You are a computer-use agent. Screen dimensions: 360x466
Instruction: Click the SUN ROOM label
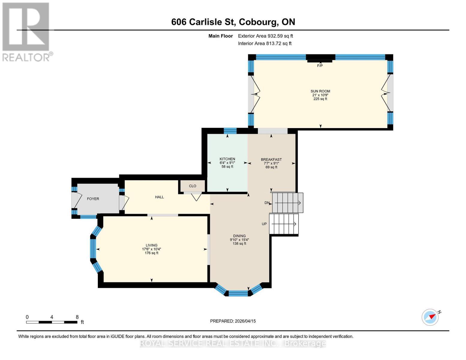coord(320,91)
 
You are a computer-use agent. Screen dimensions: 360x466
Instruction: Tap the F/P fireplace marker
coord(320,66)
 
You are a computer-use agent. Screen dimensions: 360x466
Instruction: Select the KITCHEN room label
coord(227,159)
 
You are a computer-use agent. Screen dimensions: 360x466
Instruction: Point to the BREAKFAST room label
coord(271,160)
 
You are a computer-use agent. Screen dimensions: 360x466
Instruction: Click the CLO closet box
coord(193,186)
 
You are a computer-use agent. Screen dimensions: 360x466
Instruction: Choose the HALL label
coord(159,197)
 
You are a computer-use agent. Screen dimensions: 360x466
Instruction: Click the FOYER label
coord(93,199)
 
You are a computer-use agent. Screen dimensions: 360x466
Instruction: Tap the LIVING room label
coord(152,245)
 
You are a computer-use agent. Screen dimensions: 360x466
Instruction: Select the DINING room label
coord(239,236)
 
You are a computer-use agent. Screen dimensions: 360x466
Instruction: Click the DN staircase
coord(287,203)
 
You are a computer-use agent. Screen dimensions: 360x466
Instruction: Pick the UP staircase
coord(284,224)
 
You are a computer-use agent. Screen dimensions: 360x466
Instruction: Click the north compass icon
coord(430,317)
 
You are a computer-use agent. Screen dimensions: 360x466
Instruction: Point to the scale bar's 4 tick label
coord(52,317)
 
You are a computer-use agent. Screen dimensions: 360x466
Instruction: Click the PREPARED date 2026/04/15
coord(233,321)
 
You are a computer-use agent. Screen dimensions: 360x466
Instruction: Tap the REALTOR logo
coord(26,32)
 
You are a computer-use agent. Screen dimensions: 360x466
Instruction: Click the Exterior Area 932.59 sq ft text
coord(265,36)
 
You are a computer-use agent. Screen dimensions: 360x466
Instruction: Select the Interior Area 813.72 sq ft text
coord(265,43)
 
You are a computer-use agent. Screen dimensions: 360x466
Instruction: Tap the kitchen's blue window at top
coord(230,131)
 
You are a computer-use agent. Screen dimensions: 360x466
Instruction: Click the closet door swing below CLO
coord(196,197)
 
